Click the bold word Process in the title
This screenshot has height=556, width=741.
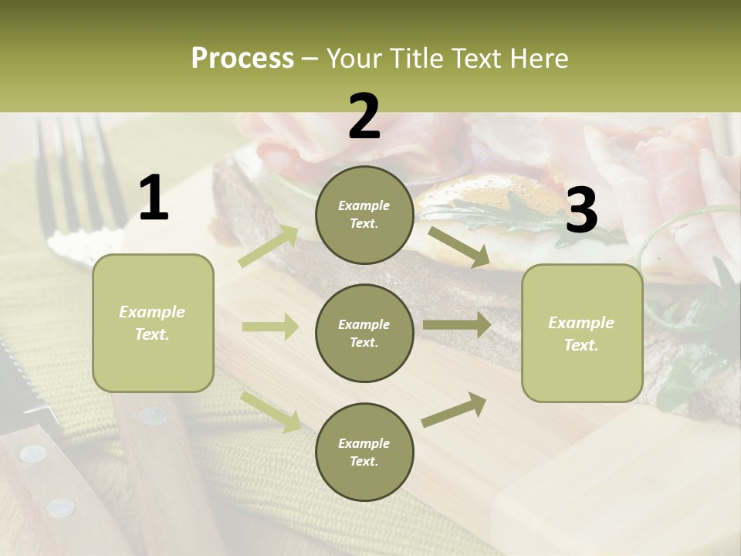coord(242,59)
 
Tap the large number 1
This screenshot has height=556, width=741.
coord(154,198)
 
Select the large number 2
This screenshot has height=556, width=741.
coord(364,117)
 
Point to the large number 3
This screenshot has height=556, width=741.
coord(581,210)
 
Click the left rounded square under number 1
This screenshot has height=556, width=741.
coord(153,323)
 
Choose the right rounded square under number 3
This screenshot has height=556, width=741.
coord(582,333)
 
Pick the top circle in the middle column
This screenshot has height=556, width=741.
coord(364,215)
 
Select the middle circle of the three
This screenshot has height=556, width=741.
coord(364,333)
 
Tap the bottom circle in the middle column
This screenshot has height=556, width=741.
coord(364,452)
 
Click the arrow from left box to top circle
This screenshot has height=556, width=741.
coord(269,246)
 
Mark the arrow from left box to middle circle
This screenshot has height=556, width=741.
coord(270,327)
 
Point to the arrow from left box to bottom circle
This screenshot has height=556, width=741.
coord(271,411)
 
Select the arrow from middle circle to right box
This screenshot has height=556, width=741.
coord(456,325)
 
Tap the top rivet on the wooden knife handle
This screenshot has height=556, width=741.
coord(153,416)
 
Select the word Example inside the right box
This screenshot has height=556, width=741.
coord(581,323)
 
